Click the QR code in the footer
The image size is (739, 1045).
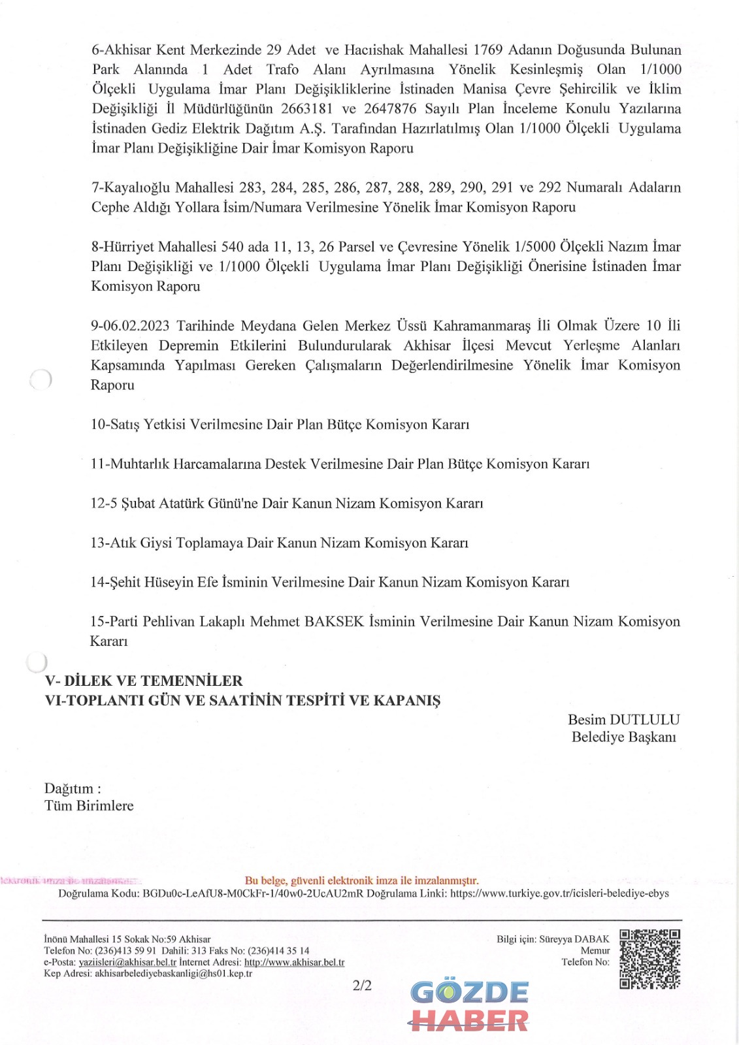649,959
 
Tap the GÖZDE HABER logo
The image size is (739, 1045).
469,1006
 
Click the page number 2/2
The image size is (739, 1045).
362,986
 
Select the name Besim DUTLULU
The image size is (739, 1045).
623,720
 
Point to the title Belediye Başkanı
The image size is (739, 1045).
623,737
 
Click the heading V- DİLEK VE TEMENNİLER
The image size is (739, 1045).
144,681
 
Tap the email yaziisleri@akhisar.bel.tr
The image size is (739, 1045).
127,962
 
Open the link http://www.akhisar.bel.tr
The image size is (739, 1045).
294,962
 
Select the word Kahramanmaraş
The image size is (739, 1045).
482,325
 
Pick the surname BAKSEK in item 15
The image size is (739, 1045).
334,621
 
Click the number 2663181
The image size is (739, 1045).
306,108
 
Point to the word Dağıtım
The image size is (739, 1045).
69,788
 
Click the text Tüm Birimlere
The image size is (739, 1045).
89,806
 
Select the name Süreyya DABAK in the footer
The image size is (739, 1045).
574,939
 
